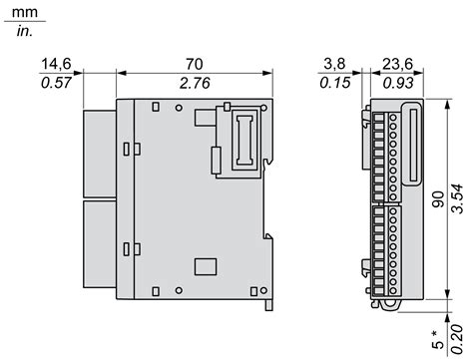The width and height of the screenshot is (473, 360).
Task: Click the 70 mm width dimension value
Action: pyautogui.click(x=195, y=64)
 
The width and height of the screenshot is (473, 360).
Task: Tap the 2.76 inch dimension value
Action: pyautogui.click(x=195, y=83)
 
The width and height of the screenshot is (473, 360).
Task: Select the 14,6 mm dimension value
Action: pyautogui.click(x=56, y=64)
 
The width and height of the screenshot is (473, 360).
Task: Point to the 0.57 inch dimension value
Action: pyautogui.click(x=56, y=83)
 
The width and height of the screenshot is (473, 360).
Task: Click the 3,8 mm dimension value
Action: pyautogui.click(x=334, y=64)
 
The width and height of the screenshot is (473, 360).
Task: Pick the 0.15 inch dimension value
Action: pyautogui.click(x=335, y=83)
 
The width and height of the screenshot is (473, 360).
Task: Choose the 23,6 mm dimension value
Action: pyautogui.click(x=397, y=64)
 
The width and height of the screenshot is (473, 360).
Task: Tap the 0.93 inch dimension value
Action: pyautogui.click(x=398, y=83)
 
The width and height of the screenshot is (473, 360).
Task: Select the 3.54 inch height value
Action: pyautogui.click(x=458, y=198)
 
